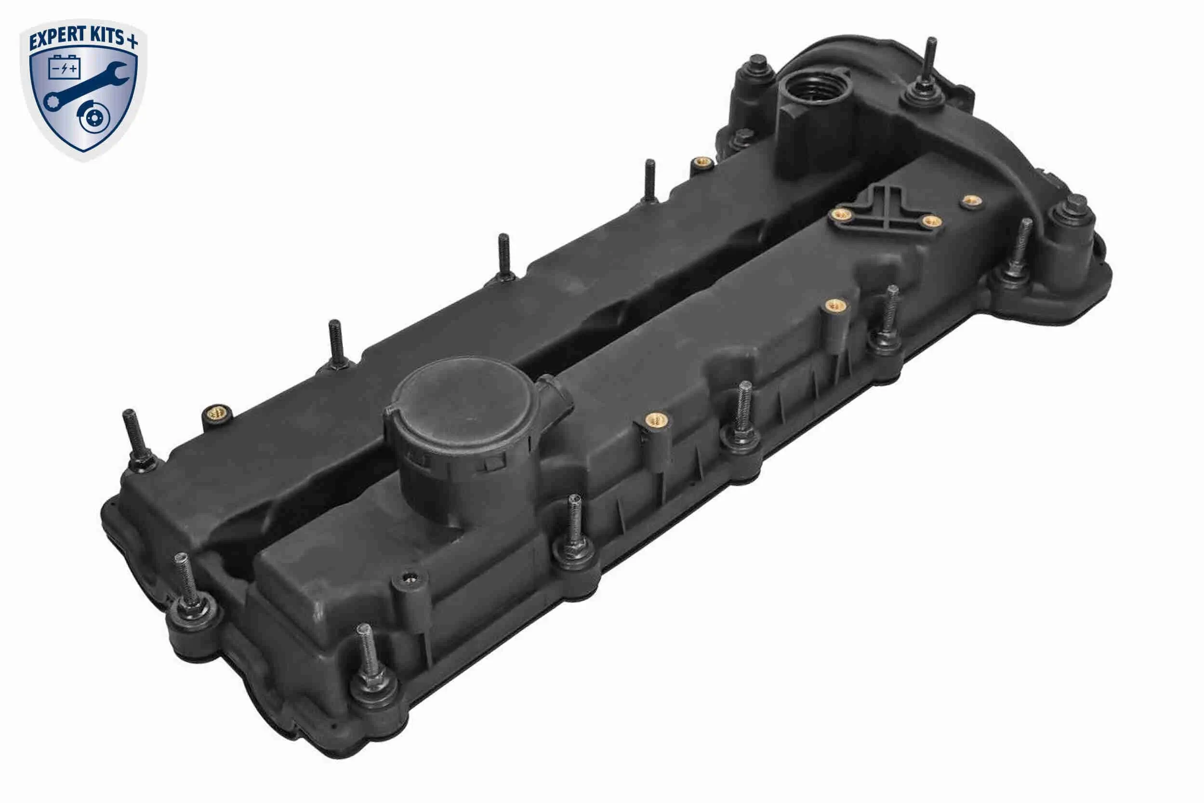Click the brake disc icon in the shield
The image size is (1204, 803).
93,119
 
